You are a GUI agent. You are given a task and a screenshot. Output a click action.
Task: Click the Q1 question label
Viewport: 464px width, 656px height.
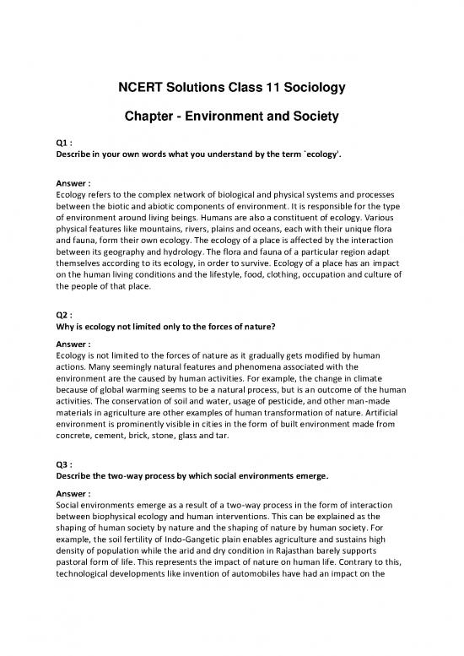62,144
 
